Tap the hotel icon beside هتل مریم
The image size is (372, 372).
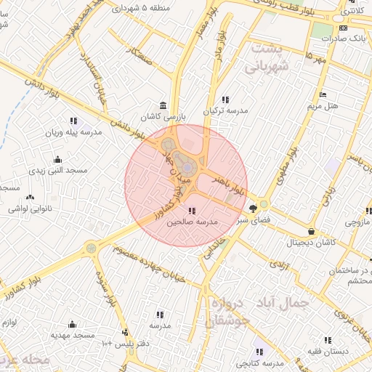point(323,95)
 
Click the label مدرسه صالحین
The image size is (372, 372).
point(192,223)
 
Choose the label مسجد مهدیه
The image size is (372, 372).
point(72,336)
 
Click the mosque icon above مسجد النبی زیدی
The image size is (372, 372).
point(57,159)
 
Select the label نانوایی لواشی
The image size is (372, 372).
point(31,209)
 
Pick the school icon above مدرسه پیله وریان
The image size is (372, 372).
point(73,121)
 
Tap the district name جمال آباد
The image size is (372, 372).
point(280,301)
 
